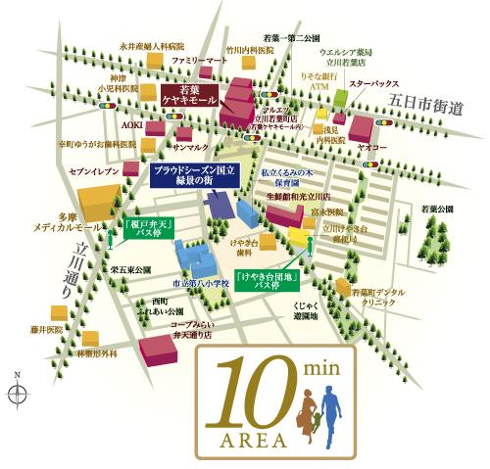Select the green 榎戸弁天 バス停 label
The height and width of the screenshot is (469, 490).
tap(150, 229)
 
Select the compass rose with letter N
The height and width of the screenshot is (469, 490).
tap(16, 393)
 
